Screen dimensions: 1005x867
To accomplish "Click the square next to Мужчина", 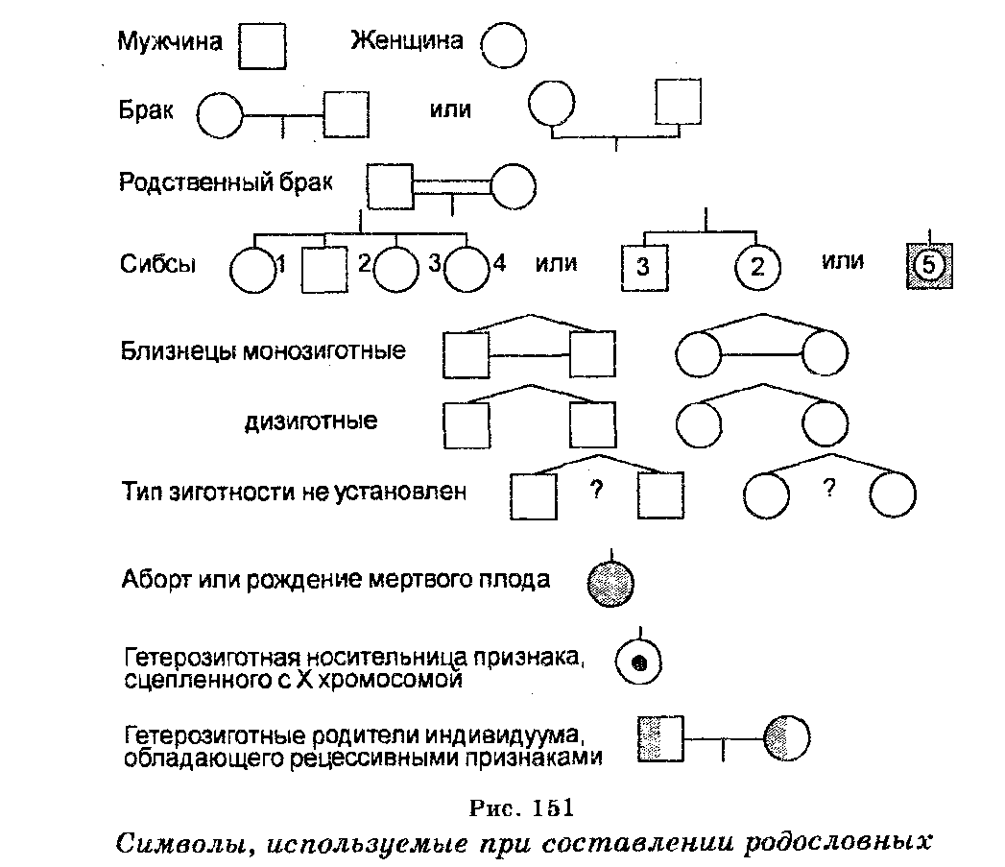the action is point(262,46).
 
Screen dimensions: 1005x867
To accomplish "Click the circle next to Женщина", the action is point(504,45).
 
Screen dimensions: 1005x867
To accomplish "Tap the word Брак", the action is point(146,110).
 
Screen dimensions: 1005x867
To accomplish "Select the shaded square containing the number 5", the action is point(929,266).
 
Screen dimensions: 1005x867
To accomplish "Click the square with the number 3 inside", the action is point(644,267).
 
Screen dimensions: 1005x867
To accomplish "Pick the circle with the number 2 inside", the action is point(757,267).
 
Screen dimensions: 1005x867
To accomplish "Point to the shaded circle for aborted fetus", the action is point(610,584).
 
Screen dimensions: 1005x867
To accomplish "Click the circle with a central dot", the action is point(638,662).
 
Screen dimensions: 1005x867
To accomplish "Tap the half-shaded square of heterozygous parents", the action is point(660,738).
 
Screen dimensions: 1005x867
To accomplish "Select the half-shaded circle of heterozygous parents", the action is point(787,738).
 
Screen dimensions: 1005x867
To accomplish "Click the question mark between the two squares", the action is point(596,490).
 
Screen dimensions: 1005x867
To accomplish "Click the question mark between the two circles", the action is point(828,488).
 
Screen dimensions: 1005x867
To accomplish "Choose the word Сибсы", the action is point(157,264).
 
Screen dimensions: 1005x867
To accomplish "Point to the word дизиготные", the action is point(311,421).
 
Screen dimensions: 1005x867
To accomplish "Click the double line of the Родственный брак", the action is point(452,186).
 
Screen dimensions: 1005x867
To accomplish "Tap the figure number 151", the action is point(552,807).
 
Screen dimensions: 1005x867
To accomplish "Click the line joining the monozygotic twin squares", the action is point(530,354).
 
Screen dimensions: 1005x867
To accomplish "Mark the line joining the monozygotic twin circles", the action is point(762,353).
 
